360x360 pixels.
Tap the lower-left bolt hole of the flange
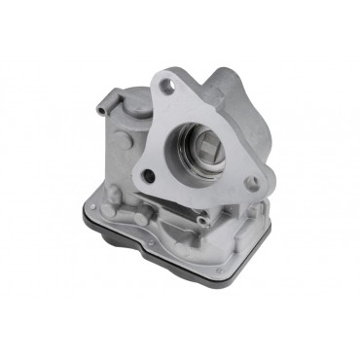(x=148, y=176)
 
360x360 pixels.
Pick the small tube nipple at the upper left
(x=105, y=104)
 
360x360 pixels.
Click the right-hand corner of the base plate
(x=269, y=243)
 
